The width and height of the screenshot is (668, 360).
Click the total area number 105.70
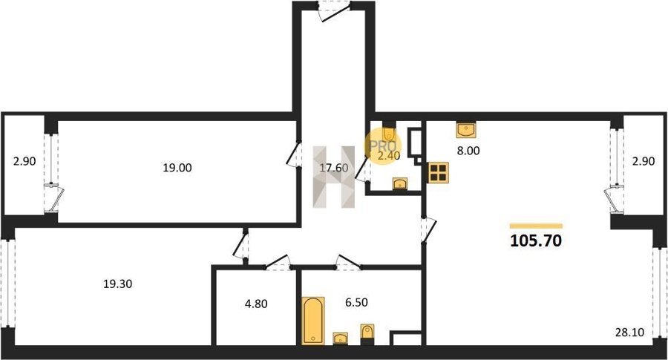(536, 241)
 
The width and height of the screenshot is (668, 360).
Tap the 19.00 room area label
(177, 168)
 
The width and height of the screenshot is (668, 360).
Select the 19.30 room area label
(117, 284)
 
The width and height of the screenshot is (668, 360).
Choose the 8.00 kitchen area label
(468, 151)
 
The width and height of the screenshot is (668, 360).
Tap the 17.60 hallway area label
(334, 168)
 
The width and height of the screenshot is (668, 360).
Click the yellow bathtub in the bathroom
(313, 321)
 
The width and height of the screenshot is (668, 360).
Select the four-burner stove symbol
(439, 172)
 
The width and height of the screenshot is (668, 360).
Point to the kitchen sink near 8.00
(466, 129)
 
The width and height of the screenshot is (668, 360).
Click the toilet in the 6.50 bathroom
(367, 333)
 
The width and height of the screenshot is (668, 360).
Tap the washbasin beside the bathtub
(341, 338)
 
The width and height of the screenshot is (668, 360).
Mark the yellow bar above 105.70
(536, 226)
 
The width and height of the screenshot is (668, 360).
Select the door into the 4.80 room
(278, 263)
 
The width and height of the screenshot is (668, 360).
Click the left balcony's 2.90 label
(24, 162)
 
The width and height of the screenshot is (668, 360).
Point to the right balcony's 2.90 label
(644, 162)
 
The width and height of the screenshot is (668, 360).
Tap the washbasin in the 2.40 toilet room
(399, 183)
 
